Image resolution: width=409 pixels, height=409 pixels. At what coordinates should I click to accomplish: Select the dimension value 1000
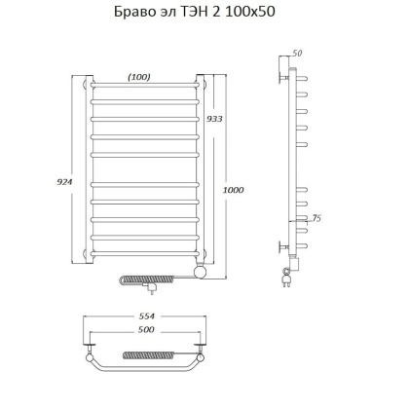(232, 190)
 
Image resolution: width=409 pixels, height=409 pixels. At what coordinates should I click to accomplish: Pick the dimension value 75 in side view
(317, 218)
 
